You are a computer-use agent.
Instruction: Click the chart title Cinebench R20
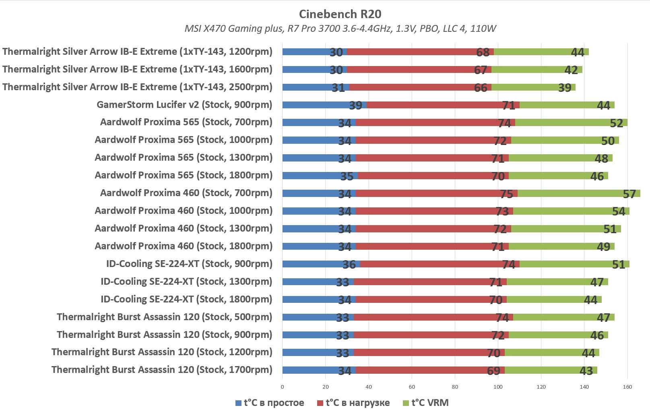point(340,14)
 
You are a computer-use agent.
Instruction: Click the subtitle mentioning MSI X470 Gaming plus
point(340,29)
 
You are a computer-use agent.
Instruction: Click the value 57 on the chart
point(629,194)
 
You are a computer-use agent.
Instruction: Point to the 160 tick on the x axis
point(627,387)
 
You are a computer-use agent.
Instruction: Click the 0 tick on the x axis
point(282,387)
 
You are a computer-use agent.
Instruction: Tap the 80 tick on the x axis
point(455,387)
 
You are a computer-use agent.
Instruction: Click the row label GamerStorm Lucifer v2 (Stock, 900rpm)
point(184,105)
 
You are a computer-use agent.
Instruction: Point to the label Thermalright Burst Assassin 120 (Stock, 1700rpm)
point(162,370)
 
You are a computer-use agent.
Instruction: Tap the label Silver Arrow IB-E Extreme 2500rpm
point(137,87)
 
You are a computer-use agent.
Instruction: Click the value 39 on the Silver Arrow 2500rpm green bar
point(565,88)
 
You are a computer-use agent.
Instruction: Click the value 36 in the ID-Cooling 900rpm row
point(349,265)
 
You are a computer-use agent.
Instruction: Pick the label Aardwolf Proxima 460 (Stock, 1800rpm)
point(184,246)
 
